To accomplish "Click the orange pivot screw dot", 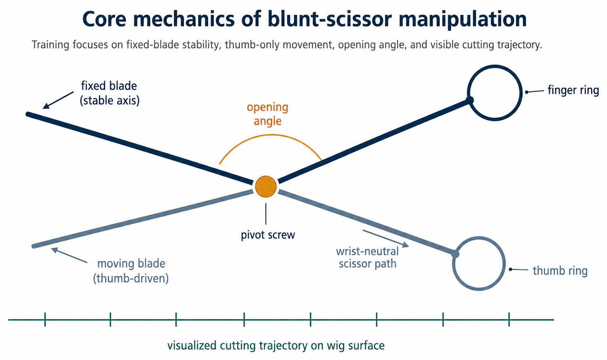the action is point(266,187).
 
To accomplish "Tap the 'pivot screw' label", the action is point(268,235).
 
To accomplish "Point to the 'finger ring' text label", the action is point(573,90).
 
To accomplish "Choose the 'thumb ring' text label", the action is point(560,271).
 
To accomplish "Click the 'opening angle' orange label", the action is point(267,114).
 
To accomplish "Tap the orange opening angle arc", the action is point(271,135).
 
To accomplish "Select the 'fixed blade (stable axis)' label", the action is point(109,93).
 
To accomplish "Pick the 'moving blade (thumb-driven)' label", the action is point(131,271).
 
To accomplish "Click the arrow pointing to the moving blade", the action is point(69,255).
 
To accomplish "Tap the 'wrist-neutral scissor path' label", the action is point(367,258).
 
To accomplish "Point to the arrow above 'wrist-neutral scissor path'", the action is point(385,239).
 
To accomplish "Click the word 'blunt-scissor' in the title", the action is point(329,19).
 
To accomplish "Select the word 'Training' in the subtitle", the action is point(51,45).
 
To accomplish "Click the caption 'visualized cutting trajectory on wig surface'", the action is point(276,346).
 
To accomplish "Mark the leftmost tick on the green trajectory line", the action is point(45,319).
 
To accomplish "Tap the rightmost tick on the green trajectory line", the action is point(509,319).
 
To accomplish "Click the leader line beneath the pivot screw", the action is point(266,214).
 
